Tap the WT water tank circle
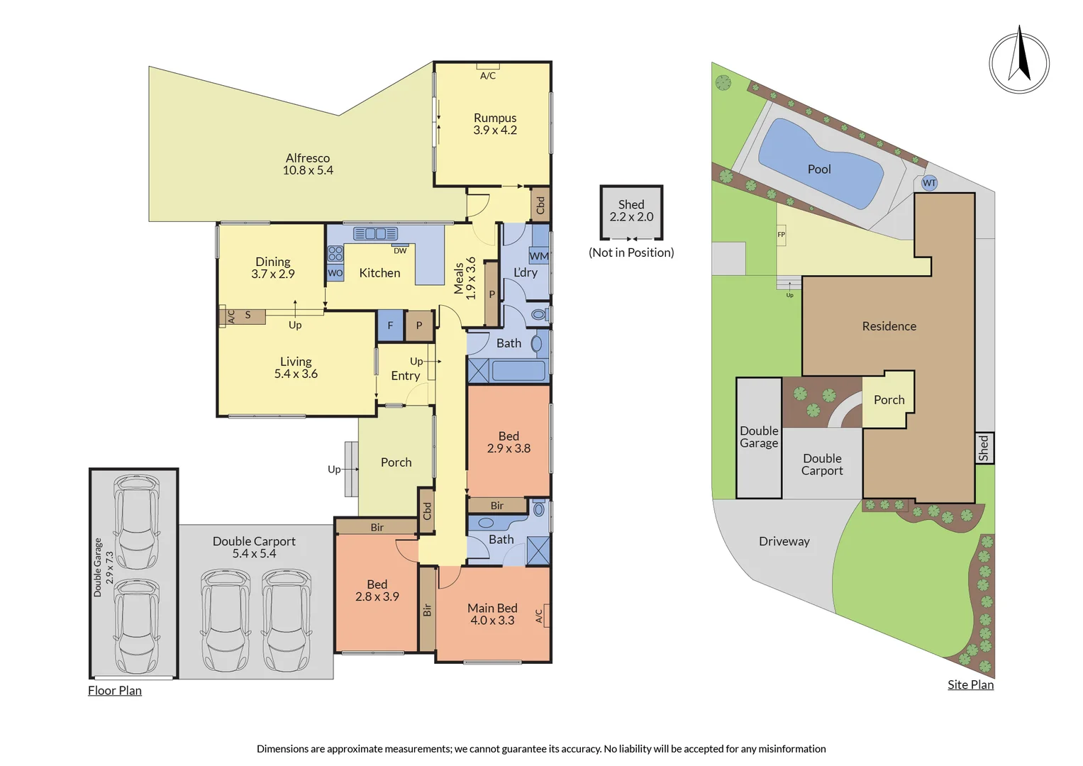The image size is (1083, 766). [929, 183]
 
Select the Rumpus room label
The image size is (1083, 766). [494, 118]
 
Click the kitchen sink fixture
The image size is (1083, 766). [375, 233]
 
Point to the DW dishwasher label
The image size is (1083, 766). [400, 250]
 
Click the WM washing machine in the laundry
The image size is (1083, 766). [539, 256]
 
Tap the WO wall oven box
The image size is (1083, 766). [335, 273]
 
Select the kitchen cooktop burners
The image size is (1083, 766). [335, 253]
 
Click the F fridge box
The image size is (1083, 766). [390, 326]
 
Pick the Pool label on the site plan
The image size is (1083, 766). [819, 170]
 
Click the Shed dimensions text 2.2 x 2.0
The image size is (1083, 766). [631, 216]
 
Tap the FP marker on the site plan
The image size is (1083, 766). [781, 235]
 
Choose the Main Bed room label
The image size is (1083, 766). [492, 608]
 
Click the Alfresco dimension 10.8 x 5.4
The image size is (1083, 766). [308, 170]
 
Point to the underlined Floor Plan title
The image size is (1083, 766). [115, 691]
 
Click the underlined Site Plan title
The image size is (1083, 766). [970, 684]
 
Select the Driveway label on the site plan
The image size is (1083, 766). [784, 542]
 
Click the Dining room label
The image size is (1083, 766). [272, 262]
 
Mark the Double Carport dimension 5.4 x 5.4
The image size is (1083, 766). [254, 554]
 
